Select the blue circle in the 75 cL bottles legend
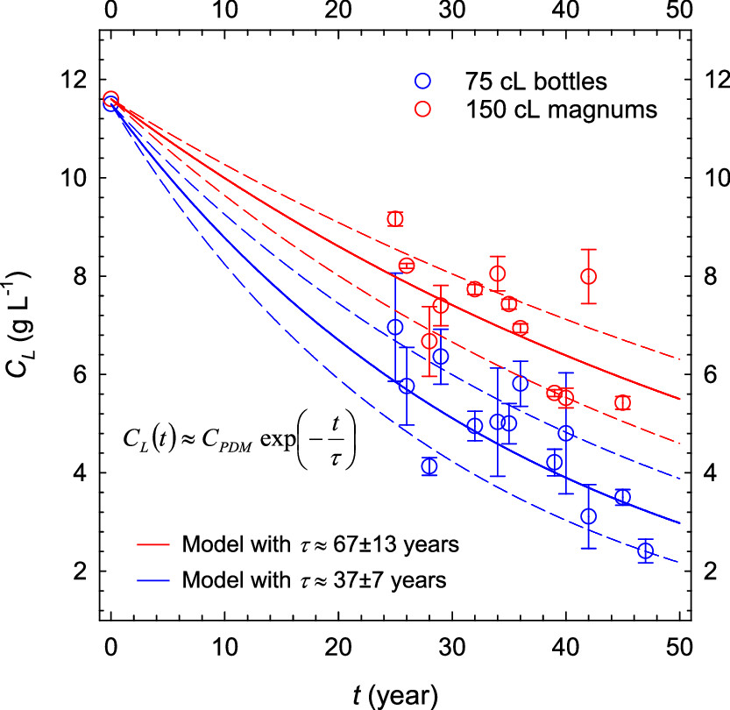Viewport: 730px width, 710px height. tap(423, 81)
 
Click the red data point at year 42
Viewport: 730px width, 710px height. tap(588, 276)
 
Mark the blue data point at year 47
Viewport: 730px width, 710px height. tap(646, 550)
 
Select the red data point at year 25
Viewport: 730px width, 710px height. tap(395, 218)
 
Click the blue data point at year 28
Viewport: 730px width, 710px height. tap(429, 466)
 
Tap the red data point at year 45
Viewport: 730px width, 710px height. tap(622, 402)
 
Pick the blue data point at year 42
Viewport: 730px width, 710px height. tap(588, 516)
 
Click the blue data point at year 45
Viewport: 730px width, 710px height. tap(622, 497)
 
